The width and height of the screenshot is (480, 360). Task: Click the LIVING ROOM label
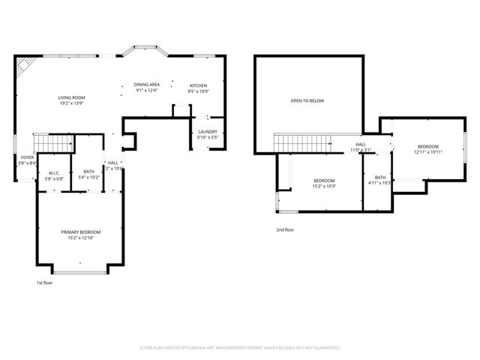pos(72,97)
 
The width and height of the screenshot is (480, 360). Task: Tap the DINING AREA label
pos(147,85)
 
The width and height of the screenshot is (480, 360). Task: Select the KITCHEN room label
pos(198,85)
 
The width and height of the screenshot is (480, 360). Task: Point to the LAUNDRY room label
pos(208,132)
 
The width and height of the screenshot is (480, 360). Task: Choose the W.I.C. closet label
pos(52,172)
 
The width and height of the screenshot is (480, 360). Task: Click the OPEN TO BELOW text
pos(307,100)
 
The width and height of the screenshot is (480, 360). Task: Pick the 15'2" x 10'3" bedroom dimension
pos(324,186)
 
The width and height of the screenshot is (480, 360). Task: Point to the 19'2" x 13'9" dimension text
pos(72,103)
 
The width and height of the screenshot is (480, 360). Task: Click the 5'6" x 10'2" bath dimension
pos(89,178)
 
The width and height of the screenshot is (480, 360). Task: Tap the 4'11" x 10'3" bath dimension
pos(380,183)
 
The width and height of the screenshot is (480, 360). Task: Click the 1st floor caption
pos(45,283)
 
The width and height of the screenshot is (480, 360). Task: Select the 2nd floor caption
pos(285,229)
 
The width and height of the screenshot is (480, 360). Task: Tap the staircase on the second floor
pos(301,141)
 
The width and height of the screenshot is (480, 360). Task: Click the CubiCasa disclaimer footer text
pos(240,348)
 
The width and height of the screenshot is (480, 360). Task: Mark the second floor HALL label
pos(361,144)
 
